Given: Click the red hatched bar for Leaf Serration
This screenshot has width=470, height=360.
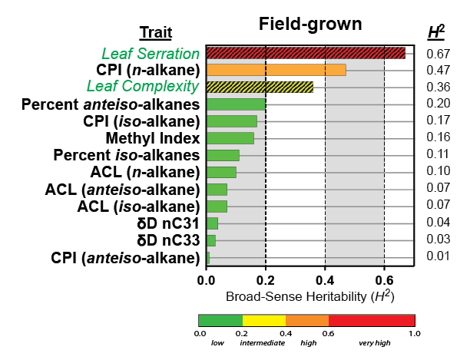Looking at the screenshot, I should [306, 53].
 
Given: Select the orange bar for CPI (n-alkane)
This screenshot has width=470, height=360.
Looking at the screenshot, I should [276, 70].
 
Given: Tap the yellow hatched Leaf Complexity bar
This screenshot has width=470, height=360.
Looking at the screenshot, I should [260, 87].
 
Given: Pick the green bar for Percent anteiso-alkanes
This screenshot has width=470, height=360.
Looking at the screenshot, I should [236, 104].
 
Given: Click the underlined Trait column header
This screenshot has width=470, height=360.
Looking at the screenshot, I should [155, 33].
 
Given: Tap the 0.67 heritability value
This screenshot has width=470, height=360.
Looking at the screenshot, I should [438, 54].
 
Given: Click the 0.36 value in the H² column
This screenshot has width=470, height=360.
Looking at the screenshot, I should [438, 88].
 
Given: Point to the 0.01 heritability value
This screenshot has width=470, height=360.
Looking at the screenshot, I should [438, 256].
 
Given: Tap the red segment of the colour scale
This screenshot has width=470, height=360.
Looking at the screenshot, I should [372, 320].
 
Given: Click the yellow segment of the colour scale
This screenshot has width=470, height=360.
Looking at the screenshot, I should [264, 320].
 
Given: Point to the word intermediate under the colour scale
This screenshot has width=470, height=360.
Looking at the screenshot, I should [261, 342].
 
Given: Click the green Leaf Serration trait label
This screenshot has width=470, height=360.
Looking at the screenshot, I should [151, 54].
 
